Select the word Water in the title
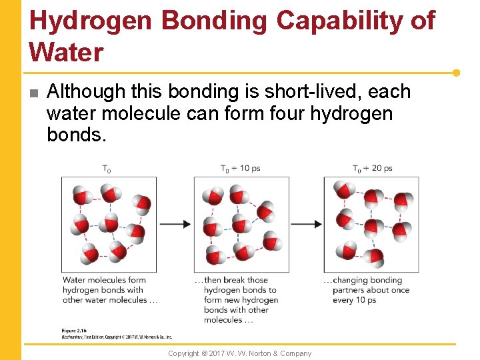[x=67, y=51]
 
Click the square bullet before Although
[x=34, y=93]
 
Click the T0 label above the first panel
[x=107, y=169]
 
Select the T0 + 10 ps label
[x=241, y=168]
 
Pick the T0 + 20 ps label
[x=372, y=168]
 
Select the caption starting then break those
[x=237, y=300]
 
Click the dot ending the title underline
[x=456, y=73]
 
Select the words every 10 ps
[x=355, y=300]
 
